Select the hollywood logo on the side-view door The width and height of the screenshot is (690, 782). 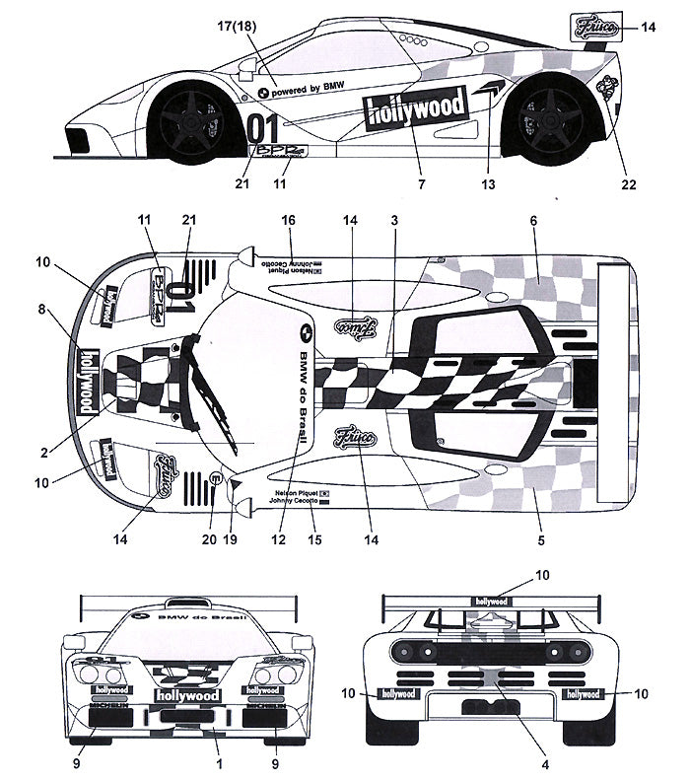point(414,110)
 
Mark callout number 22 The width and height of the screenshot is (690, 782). point(628,182)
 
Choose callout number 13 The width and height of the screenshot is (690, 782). point(488,182)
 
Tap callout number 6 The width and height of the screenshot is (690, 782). point(533,221)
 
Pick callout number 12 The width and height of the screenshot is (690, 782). point(279,539)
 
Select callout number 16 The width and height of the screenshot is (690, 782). point(289,221)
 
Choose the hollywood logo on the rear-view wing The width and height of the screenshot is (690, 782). point(491,601)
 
